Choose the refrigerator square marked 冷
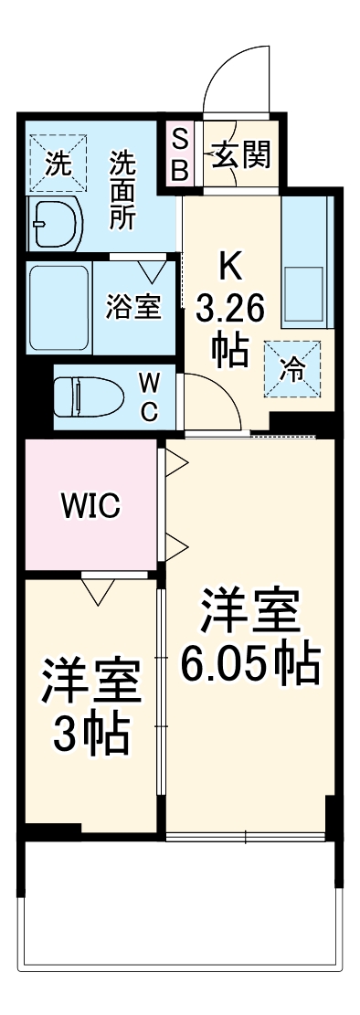coord(293,368)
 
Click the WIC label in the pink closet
coord(91,505)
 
